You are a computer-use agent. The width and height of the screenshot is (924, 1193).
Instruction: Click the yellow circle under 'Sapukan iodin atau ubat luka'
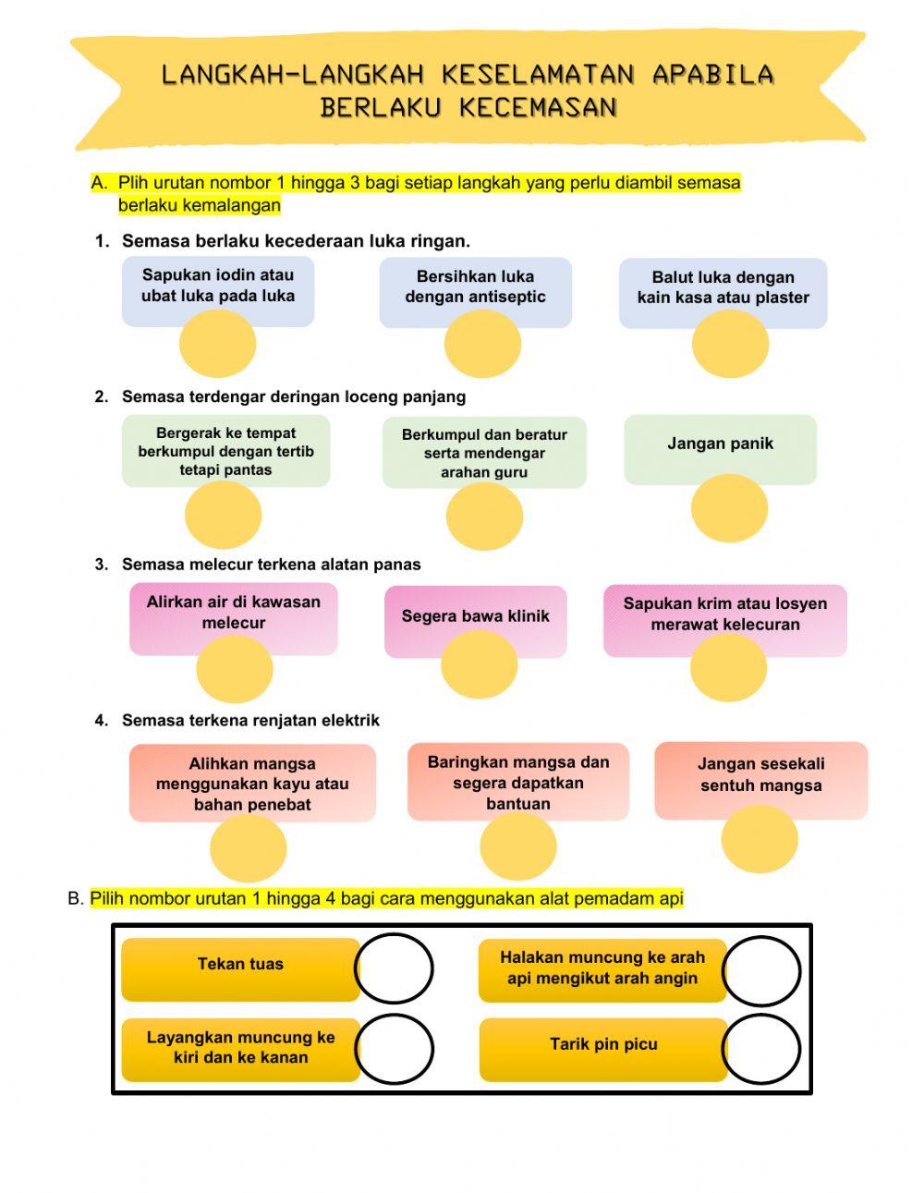217,344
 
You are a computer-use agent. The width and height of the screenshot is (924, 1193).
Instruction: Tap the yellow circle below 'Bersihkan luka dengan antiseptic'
482,344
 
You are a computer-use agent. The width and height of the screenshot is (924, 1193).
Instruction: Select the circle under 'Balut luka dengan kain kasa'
730,344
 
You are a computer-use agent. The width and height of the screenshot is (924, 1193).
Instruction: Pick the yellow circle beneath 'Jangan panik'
729,508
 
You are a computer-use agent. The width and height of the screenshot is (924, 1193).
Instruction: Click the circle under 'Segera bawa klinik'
479,664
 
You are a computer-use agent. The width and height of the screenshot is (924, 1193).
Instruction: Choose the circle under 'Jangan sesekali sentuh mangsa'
759,838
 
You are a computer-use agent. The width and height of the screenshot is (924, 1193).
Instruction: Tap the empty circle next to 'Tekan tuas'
394,968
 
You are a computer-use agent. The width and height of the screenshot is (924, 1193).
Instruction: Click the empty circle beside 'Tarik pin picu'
760,1049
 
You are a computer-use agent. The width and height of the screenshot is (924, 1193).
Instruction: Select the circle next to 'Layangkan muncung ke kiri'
394,1049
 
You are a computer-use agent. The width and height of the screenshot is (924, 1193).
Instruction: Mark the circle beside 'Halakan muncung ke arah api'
760,970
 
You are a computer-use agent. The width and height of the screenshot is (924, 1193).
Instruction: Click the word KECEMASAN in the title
538,108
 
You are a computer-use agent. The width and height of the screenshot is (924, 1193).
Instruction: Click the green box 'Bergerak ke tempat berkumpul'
226,451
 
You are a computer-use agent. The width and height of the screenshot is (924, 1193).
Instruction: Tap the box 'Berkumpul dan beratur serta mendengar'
484,453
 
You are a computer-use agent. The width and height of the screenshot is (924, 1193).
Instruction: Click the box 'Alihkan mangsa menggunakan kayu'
252,784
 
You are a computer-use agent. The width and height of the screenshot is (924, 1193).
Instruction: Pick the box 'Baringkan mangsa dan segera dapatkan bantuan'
517,783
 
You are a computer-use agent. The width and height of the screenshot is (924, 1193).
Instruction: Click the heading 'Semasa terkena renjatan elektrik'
250,721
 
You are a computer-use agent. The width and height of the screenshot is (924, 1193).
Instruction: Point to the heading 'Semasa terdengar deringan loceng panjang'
294,397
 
